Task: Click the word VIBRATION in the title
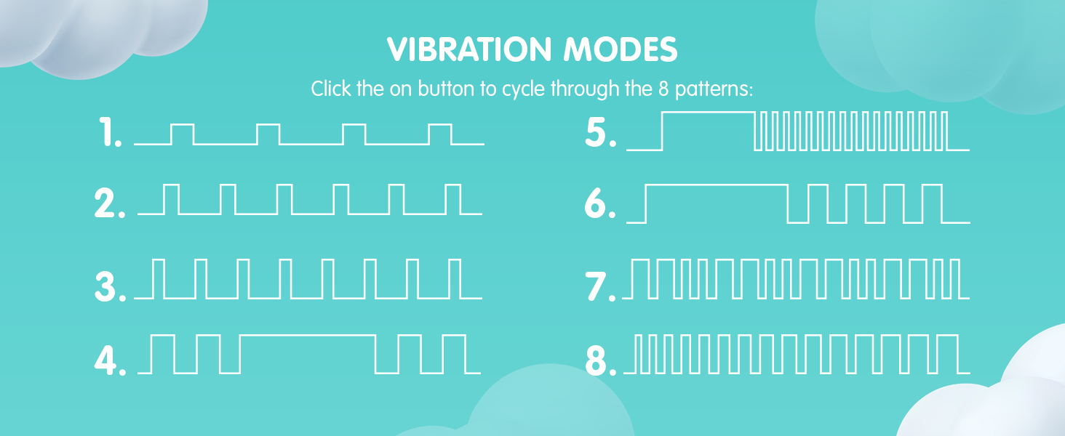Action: [x=469, y=49]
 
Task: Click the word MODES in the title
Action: [x=621, y=49]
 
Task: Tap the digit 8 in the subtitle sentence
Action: [x=663, y=89]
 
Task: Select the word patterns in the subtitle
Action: [x=714, y=89]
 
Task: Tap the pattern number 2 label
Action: [x=110, y=203]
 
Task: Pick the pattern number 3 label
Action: [x=111, y=286]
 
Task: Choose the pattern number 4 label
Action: [x=111, y=360]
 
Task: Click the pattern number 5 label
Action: [x=601, y=132]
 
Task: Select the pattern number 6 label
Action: [x=600, y=203]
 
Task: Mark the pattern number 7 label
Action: [x=600, y=286]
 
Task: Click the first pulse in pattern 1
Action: [x=182, y=125]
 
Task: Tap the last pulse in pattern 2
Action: [x=453, y=185]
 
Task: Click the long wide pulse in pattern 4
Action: [x=308, y=336]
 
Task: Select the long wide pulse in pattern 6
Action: [x=717, y=185]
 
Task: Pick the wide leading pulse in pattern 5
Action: [x=709, y=113]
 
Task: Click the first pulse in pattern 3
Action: [x=159, y=260]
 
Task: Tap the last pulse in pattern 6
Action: [x=933, y=185]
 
